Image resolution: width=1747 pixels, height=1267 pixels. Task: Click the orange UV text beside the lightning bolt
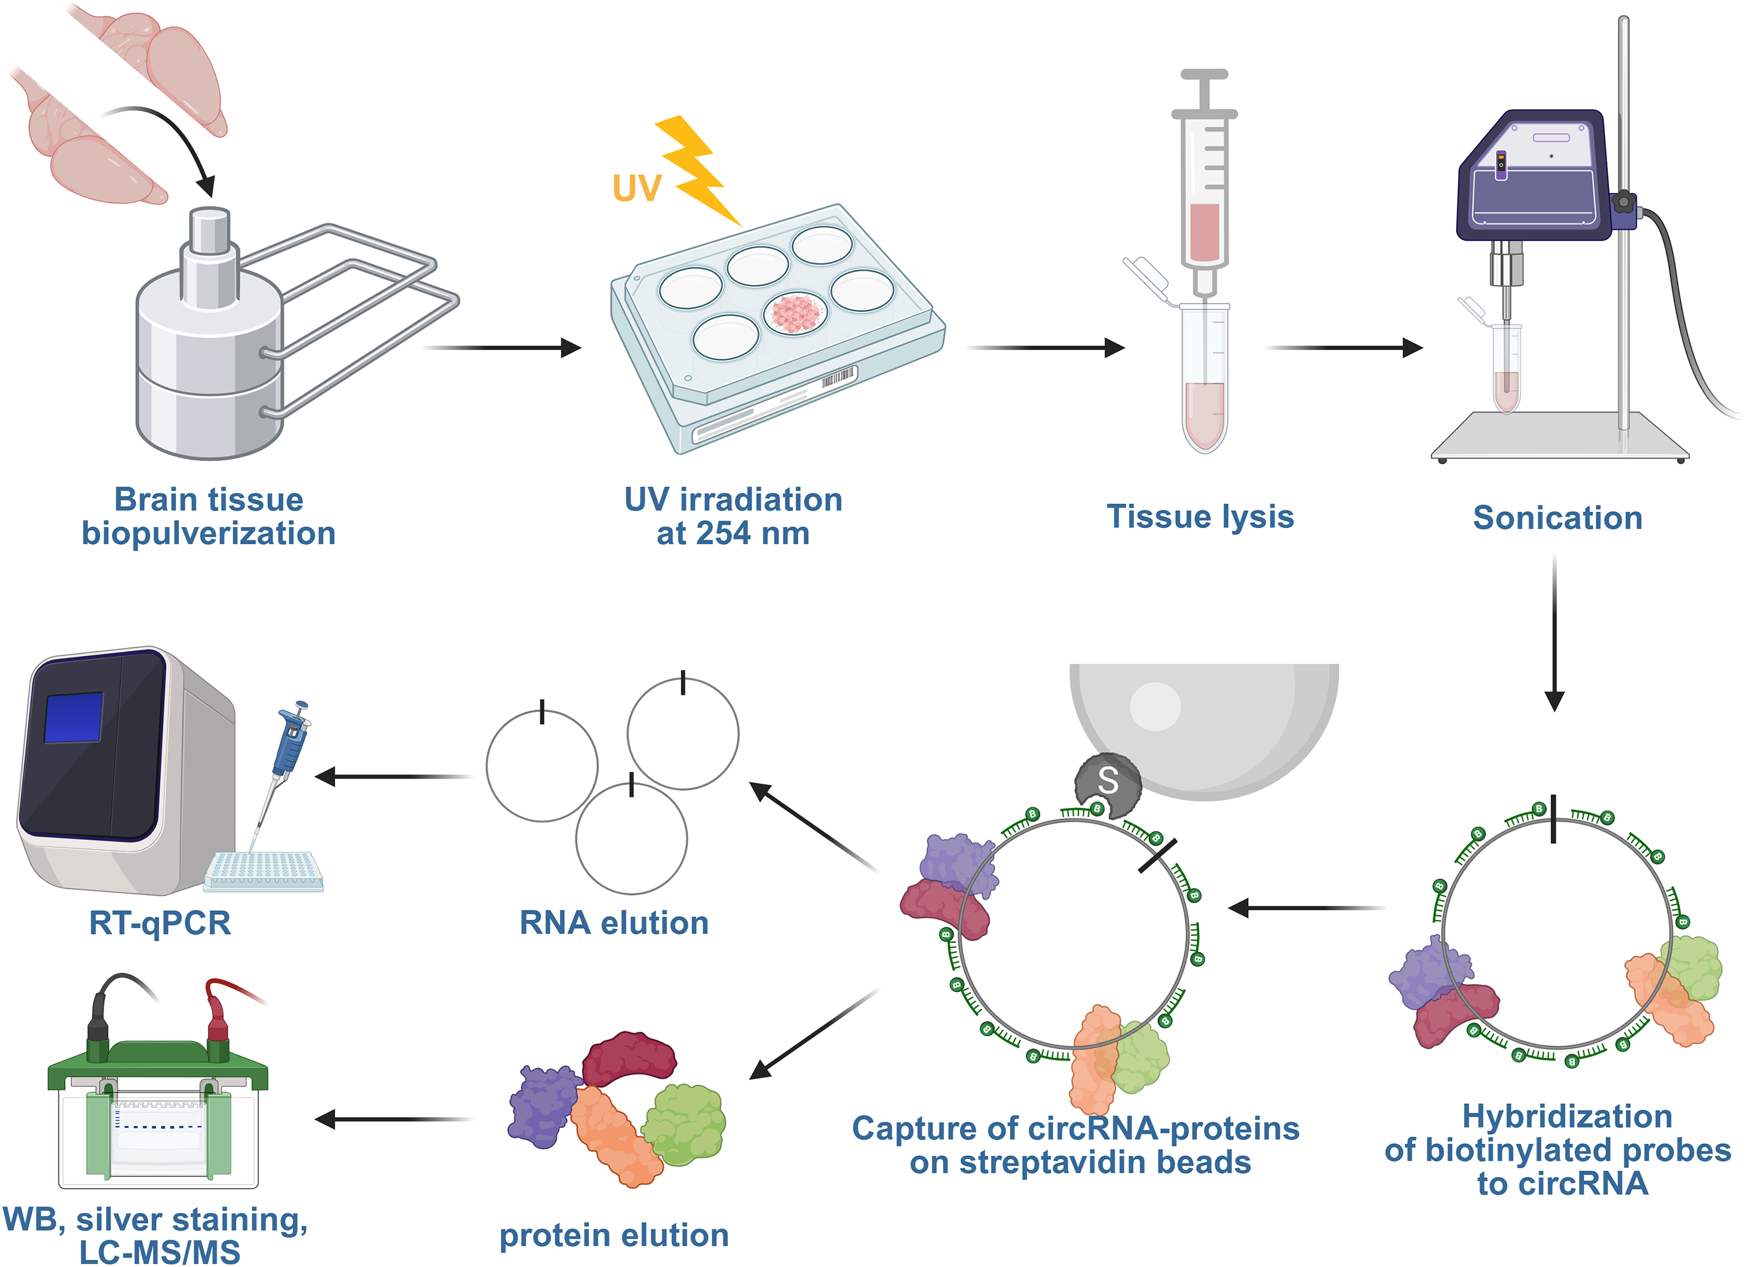[637, 188]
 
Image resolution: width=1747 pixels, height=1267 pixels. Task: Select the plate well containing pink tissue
[796, 313]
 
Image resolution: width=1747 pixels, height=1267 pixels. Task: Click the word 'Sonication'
[1558, 518]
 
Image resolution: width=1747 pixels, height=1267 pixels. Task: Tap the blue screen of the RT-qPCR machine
[74, 717]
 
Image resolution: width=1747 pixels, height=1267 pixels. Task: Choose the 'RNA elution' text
[614, 923]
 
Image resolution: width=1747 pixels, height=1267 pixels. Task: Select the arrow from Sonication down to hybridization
[1554, 632]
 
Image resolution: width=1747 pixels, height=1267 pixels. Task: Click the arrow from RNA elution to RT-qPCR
[393, 776]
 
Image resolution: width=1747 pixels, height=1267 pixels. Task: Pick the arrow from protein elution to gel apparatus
[393, 1119]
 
